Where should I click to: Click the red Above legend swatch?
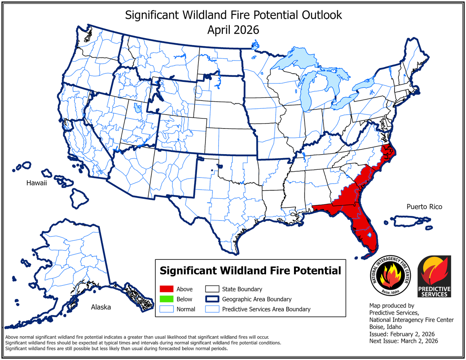(x=165, y=289)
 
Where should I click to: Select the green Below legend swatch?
(x=165, y=299)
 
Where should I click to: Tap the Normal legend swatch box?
(x=165, y=309)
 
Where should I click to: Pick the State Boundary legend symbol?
(x=212, y=289)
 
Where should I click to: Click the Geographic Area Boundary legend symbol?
(x=212, y=299)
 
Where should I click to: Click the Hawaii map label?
(x=37, y=183)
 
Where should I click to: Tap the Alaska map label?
(x=101, y=307)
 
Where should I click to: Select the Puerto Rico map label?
(x=424, y=207)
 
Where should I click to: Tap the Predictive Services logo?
(x=434, y=277)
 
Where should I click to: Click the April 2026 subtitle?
(x=233, y=30)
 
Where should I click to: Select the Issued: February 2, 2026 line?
(x=402, y=334)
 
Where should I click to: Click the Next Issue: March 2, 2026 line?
(x=403, y=341)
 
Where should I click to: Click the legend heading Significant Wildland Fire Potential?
(x=250, y=270)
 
